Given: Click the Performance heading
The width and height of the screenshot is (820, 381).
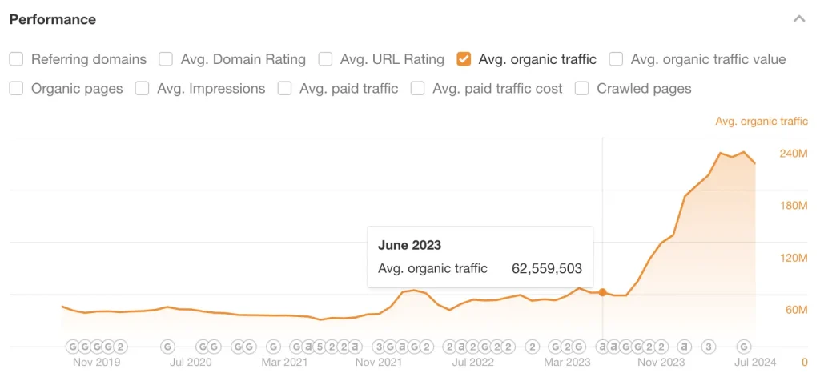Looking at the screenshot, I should (53, 19).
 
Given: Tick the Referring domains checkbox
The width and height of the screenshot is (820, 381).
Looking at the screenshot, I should (16, 59).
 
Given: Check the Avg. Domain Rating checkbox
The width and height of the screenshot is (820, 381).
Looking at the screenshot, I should (166, 59).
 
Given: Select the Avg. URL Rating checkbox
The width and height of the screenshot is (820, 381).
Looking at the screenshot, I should (325, 59).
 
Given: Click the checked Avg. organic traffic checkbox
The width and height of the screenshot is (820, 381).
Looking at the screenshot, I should (464, 59).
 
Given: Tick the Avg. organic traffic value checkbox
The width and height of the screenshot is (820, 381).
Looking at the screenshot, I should (616, 59).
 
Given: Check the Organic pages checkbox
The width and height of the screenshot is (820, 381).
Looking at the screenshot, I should (16, 89).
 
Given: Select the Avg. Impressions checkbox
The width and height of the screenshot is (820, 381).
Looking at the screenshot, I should (143, 89).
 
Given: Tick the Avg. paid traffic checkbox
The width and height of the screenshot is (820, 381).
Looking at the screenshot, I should (284, 89).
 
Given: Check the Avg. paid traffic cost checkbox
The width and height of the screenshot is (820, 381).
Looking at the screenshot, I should (417, 89).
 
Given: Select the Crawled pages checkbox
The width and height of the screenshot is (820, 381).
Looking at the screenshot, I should (582, 89).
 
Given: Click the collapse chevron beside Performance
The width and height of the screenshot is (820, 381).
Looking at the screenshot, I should (798, 19).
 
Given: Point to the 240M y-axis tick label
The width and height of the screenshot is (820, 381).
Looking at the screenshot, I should (794, 154).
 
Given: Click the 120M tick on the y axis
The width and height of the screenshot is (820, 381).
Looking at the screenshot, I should (794, 258).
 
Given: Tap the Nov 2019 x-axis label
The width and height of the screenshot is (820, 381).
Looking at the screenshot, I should (96, 363).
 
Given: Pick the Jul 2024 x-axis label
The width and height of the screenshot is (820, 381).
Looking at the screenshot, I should (755, 363).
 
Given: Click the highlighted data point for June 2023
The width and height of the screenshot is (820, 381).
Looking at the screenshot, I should (602, 292).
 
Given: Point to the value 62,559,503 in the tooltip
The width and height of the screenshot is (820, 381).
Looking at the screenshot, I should (547, 269).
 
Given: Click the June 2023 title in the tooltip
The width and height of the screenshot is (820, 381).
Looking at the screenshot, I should (409, 245).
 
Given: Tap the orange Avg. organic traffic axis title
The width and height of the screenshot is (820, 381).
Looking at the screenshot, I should (762, 122).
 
